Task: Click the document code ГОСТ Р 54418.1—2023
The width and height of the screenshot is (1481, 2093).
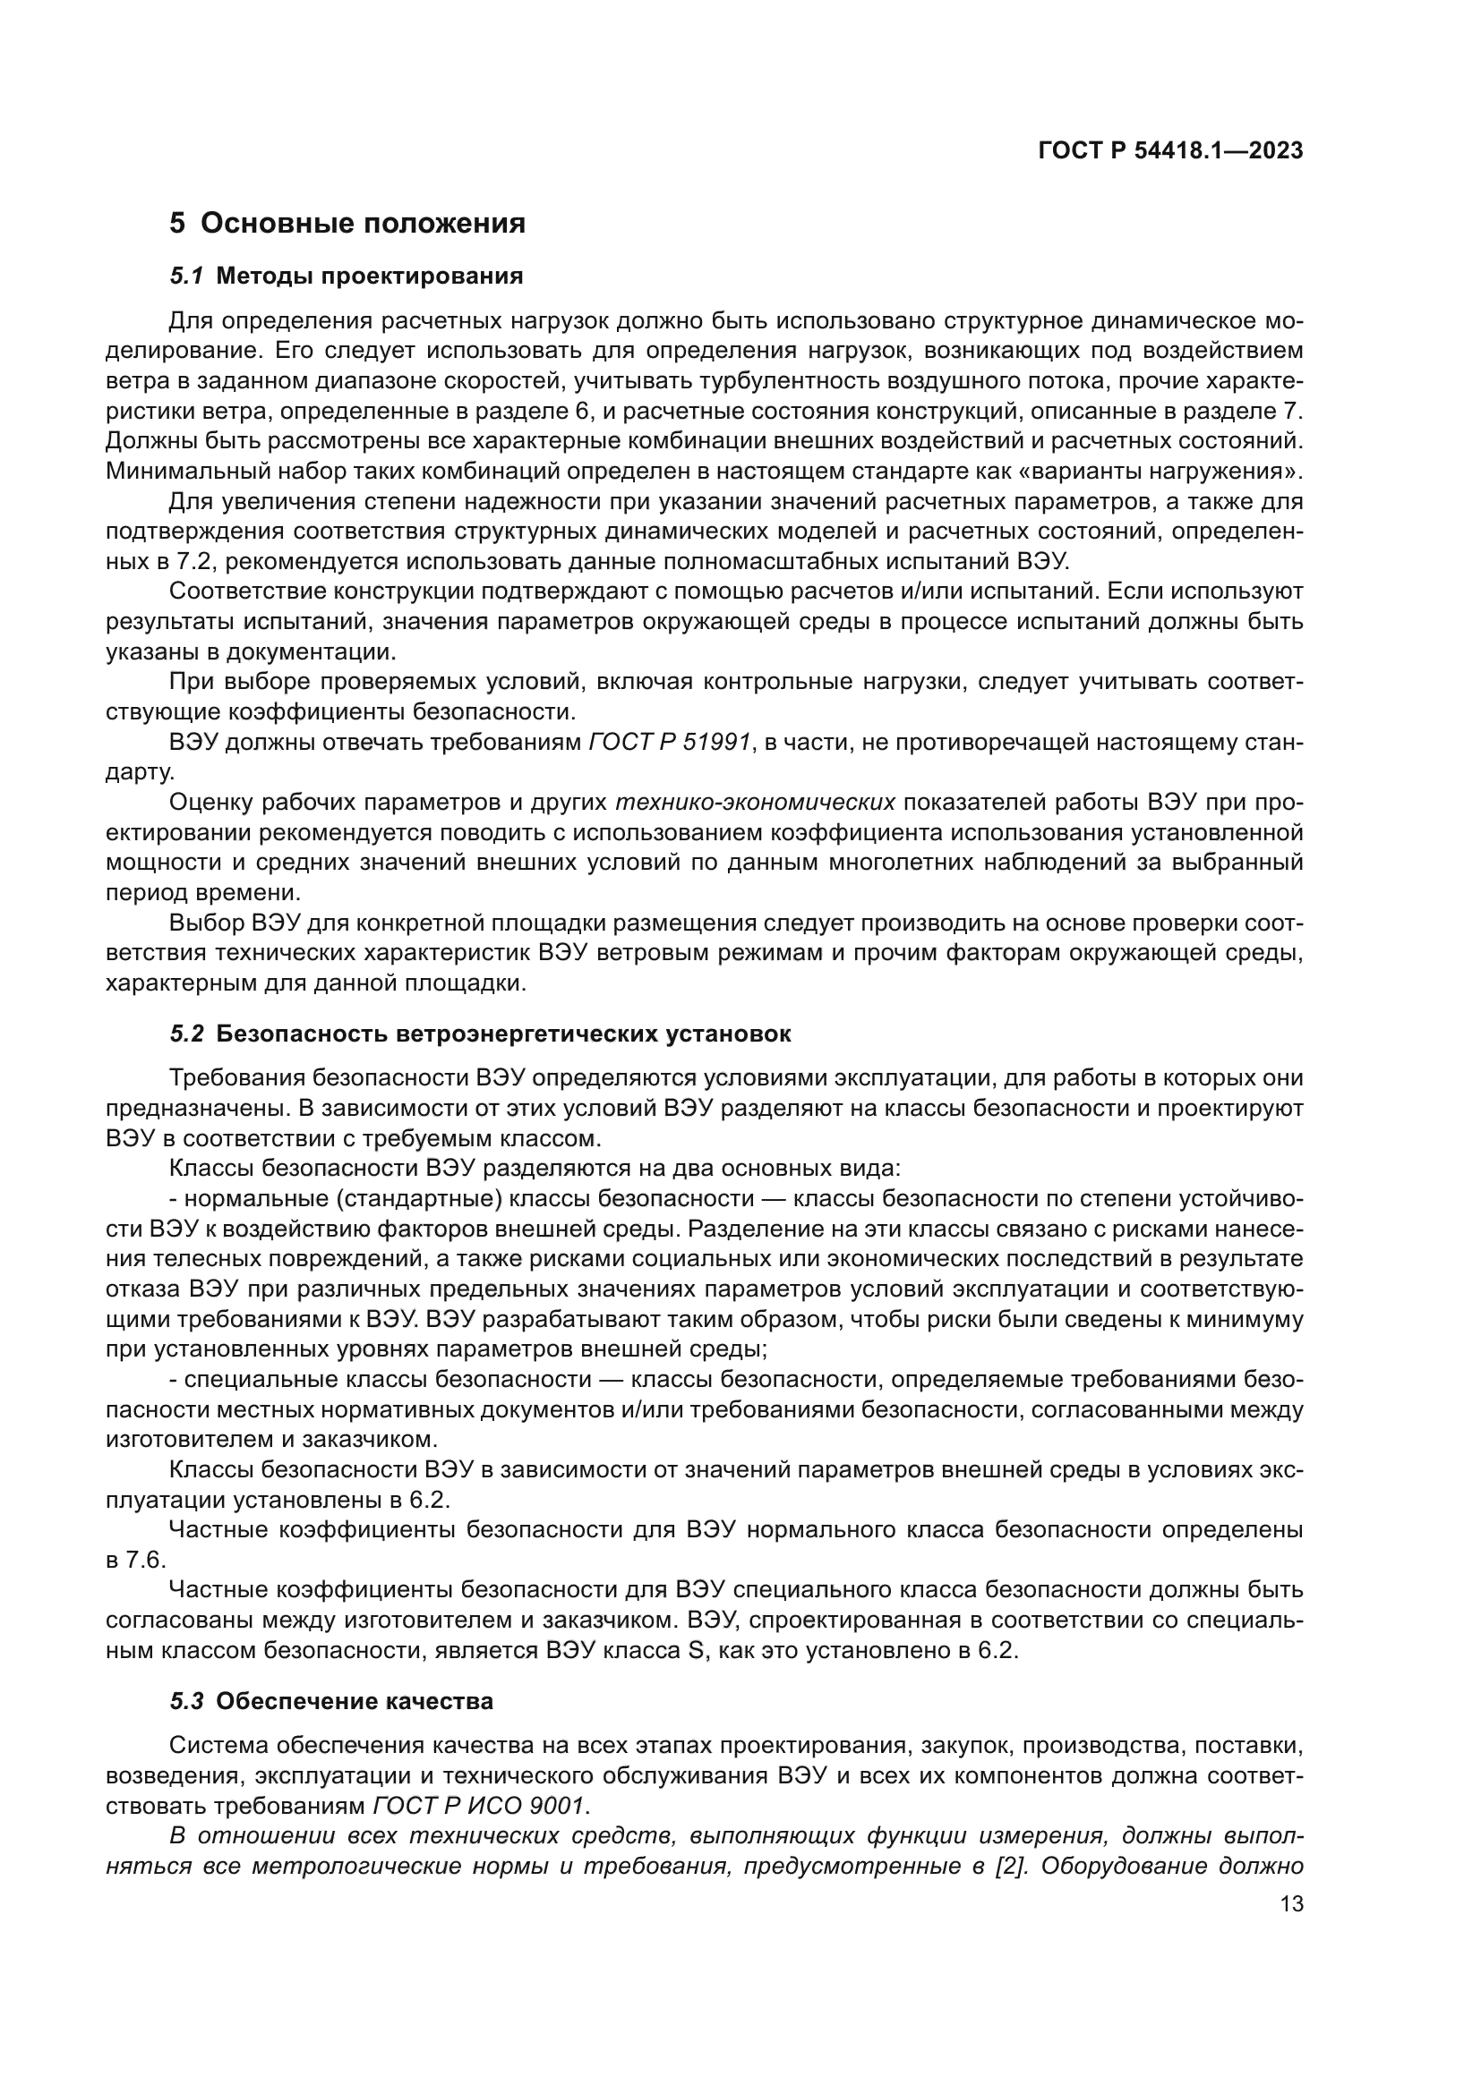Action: (1170, 151)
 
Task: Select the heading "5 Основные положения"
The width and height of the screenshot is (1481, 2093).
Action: (347, 224)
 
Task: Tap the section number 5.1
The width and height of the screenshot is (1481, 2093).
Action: (187, 277)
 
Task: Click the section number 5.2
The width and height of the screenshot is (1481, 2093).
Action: (187, 1034)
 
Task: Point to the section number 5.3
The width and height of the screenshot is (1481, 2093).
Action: (187, 1702)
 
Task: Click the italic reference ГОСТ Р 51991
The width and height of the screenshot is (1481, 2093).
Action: (671, 743)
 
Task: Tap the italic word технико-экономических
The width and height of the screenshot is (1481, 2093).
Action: (755, 803)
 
